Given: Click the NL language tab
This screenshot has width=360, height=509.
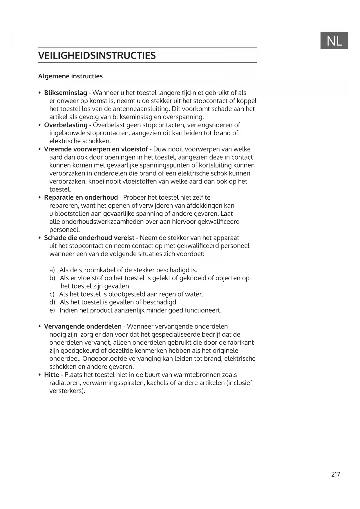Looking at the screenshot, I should click(x=334, y=41).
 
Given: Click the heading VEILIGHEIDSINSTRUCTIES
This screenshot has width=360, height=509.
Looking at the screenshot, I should click(x=97, y=55).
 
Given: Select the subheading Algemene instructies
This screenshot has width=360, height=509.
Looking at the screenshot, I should click(x=70, y=76).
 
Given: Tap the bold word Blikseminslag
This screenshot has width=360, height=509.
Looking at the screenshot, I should click(x=65, y=93).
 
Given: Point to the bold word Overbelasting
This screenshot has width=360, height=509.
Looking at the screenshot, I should click(x=66, y=125).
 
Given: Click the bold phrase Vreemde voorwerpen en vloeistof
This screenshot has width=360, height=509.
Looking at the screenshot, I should click(x=96, y=149).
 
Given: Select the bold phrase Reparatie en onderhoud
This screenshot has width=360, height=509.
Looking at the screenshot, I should click(x=81, y=198).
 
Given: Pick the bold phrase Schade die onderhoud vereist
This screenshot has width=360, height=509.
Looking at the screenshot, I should click(x=89, y=238).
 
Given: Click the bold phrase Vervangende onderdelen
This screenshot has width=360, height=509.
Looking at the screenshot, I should click(x=83, y=326).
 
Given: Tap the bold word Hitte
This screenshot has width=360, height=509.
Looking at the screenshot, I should click(x=51, y=375).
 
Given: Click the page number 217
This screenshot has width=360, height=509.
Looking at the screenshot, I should click(x=335, y=474).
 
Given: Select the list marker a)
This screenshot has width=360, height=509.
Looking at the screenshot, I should click(x=52, y=270).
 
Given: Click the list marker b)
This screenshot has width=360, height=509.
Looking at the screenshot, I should click(x=52, y=278).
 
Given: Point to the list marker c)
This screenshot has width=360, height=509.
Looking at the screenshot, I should click(x=52, y=294).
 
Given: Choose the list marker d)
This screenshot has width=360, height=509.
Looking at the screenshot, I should click(x=52, y=302).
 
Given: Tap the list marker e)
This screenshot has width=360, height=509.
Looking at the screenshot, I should click(x=52, y=311).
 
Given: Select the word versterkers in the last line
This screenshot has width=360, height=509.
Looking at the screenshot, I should click(x=66, y=391).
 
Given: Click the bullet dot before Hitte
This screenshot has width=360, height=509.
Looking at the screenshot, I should click(x=40, y=375).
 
